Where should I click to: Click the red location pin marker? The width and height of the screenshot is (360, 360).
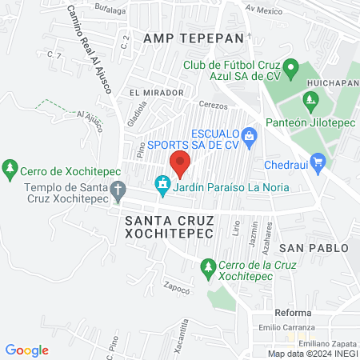180,163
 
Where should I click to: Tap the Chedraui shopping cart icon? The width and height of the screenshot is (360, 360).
318,162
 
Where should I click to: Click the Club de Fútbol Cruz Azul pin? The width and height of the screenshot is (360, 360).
292,68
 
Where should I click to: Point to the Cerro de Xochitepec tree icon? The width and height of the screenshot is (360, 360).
10,169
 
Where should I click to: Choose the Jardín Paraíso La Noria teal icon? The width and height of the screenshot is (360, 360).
163,186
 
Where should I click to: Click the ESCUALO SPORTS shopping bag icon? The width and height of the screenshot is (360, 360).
249,136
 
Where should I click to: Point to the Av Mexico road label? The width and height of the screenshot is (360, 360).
265,11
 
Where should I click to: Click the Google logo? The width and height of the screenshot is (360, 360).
27,350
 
